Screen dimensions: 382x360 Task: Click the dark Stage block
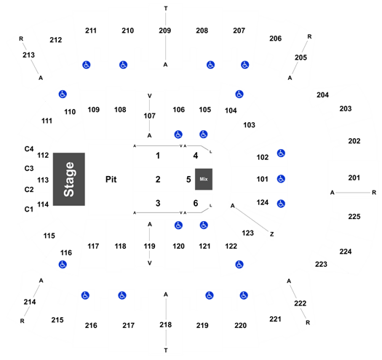(69, 179)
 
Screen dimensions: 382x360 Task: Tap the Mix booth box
(204, 179)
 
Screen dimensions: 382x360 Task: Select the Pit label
(111, 180)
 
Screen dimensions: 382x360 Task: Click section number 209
(165, 31)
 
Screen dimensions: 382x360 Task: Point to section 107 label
(149, 116)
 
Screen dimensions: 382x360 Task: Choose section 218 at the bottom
(166, 324)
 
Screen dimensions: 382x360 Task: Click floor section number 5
(188, 180)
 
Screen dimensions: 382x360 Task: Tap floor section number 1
(158, 156)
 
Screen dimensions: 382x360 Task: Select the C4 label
(29, 149)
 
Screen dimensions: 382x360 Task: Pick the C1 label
(29, 209)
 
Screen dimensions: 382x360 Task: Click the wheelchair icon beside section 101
(281, 179)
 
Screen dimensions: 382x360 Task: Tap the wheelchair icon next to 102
(281, 153)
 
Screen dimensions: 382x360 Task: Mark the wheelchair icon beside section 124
(281, 204)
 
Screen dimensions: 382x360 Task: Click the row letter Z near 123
(272, 234)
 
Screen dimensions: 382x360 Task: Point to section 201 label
(354, 177)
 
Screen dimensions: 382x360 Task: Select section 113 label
(43, 180)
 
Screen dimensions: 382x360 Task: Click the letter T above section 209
(166, 9)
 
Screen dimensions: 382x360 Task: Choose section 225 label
(354, 217)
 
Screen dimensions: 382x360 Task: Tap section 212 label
(56, 40)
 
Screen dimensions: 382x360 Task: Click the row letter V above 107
(150, 96)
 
